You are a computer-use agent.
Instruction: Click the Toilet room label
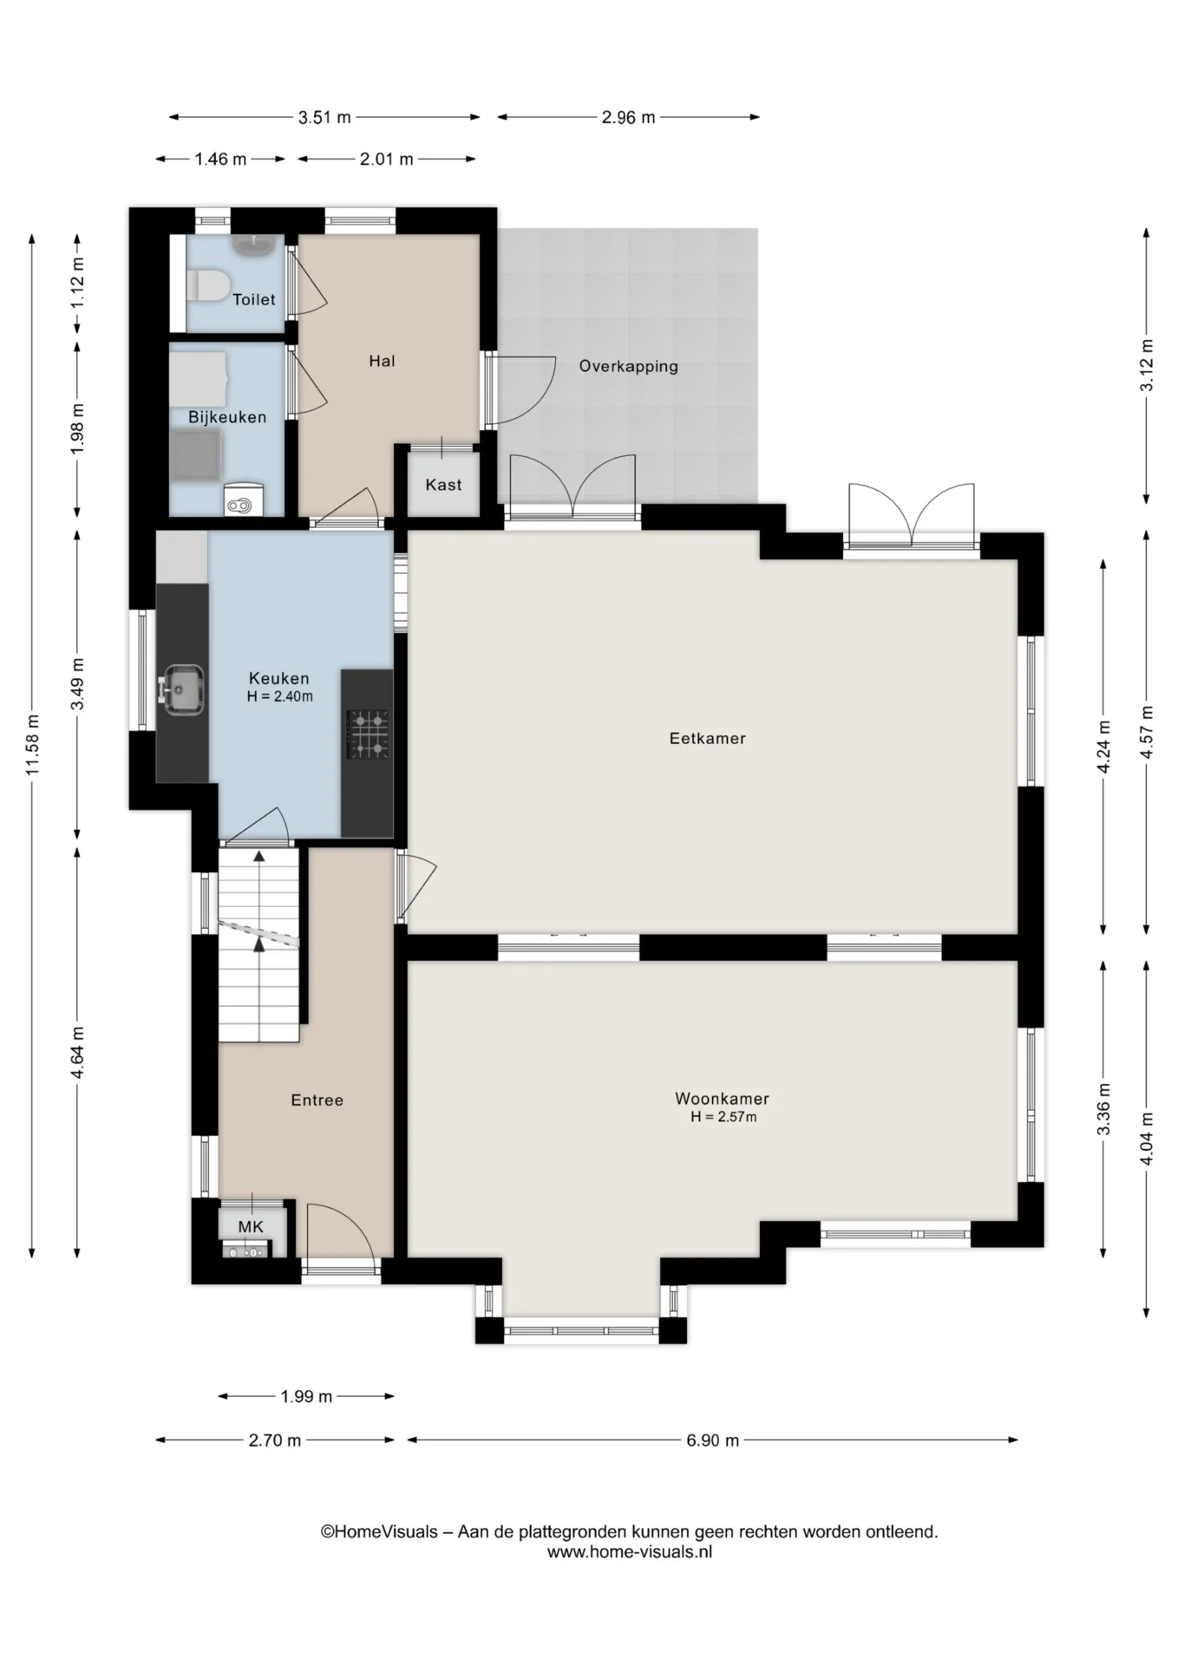253,300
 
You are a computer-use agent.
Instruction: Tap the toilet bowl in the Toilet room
207,284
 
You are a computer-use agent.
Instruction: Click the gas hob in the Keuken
368,734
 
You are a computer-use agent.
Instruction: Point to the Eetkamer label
707,739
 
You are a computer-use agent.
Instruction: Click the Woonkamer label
722,1099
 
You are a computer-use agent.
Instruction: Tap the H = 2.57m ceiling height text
723,1117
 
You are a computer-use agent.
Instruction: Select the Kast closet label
443,485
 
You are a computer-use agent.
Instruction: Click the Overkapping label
628,367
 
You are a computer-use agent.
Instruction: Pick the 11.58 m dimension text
33,745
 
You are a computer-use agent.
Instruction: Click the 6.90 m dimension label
712,1440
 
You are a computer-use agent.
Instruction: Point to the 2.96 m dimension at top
628,117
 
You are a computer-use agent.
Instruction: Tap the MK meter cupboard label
251,1227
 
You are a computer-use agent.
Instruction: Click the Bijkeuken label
227,417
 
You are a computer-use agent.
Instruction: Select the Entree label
317,1100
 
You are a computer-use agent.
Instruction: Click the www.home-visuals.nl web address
629,1552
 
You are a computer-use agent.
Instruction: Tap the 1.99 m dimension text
306,1397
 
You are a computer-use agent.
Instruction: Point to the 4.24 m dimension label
1103,748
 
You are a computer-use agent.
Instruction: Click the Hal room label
382,362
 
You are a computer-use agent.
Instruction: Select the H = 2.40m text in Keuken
279,696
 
